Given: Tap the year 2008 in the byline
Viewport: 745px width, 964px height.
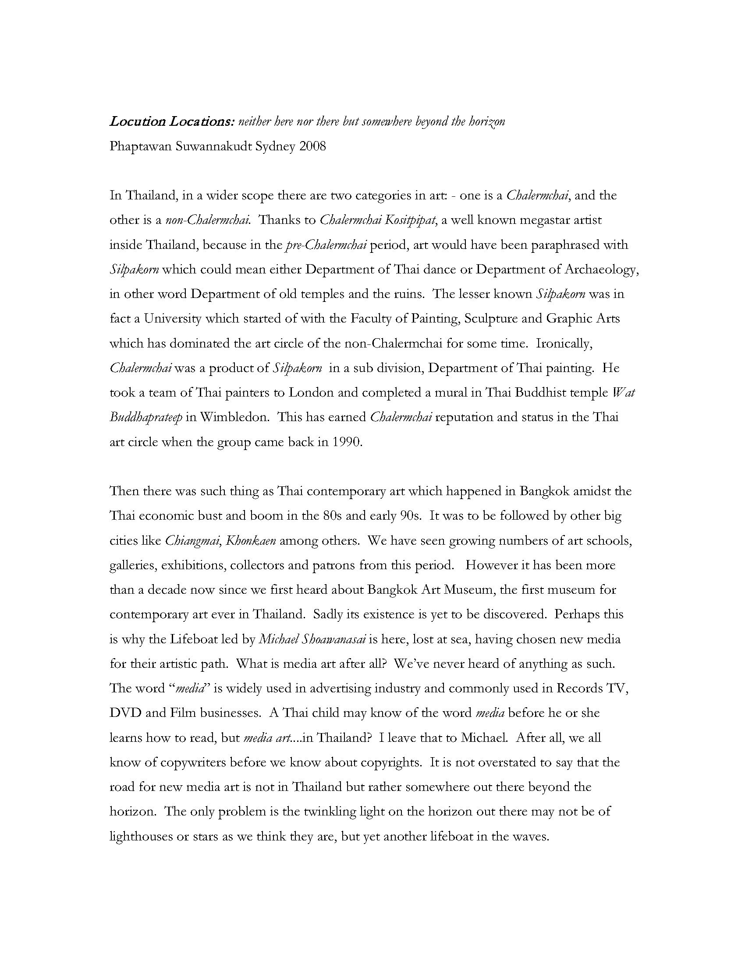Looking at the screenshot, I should (x=312, y=146).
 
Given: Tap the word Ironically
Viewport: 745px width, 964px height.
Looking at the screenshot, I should (x=564, y=344).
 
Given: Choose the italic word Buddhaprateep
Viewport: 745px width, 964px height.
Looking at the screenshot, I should (x=145, y=418).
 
